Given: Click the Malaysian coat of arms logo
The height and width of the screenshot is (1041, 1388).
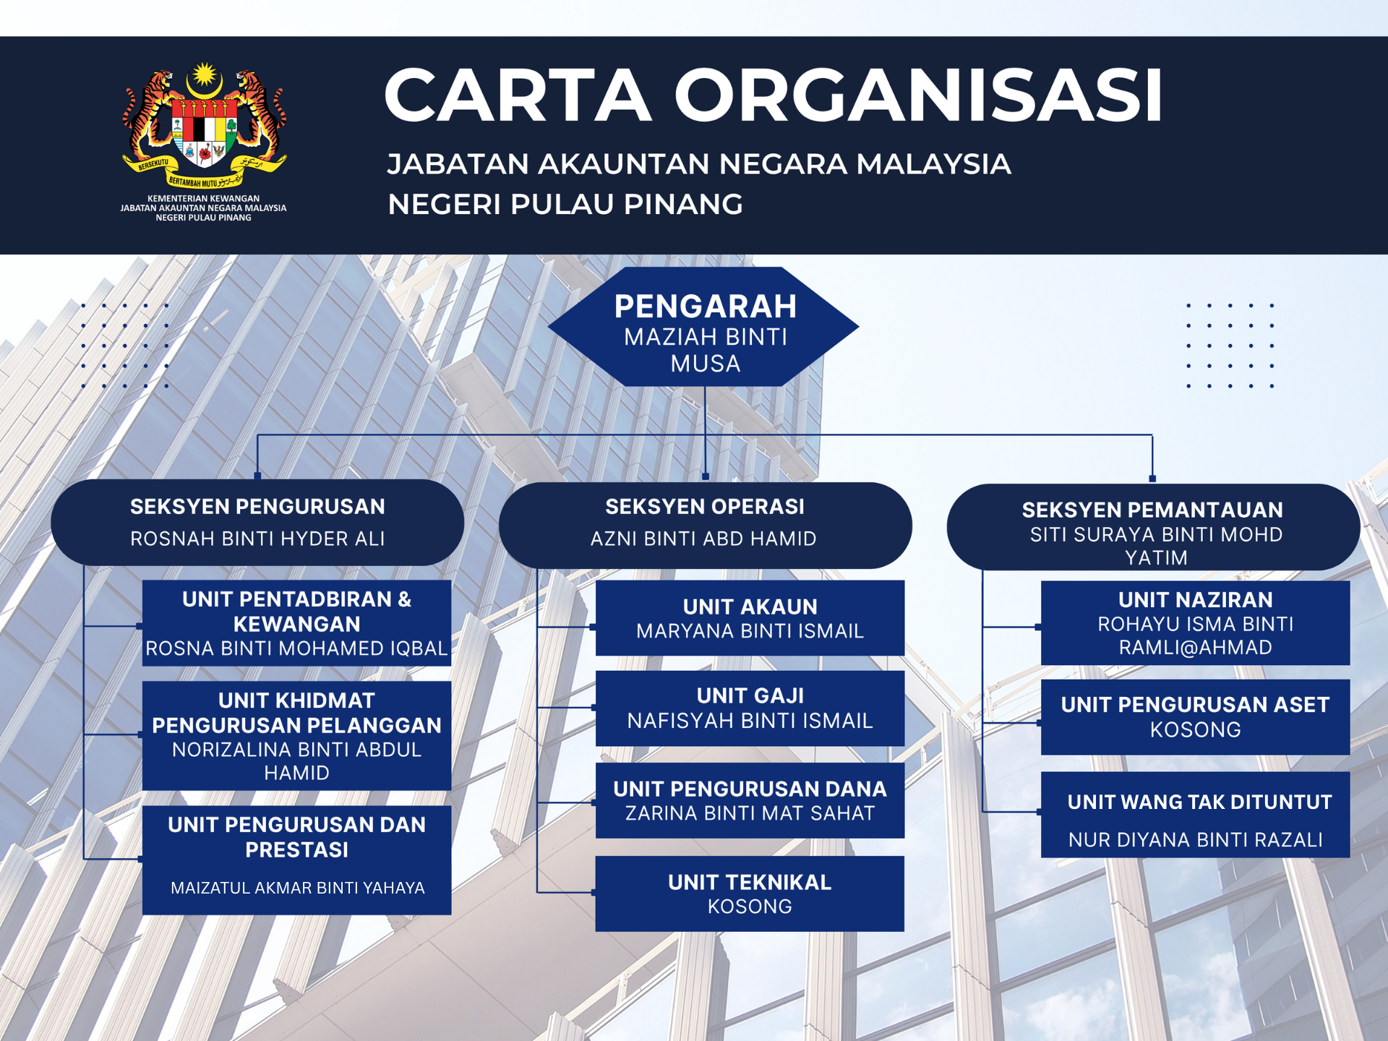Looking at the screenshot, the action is point(205,127).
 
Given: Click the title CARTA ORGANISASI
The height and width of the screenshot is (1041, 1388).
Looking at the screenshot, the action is point(774,95).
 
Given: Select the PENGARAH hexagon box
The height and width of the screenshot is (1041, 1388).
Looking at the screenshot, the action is point(704,327).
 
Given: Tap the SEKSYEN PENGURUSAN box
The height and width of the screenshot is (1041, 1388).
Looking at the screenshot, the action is point(257,522).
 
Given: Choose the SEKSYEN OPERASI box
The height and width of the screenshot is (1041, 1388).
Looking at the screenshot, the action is point(705,525).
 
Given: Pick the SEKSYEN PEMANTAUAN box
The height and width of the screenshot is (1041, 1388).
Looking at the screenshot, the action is point(1153,527).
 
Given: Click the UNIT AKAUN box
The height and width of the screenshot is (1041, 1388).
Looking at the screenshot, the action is point(750,618).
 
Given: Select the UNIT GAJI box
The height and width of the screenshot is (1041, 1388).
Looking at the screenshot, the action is point(750,708).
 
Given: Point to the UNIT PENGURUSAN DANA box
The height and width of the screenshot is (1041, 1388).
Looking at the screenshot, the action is point(750,800).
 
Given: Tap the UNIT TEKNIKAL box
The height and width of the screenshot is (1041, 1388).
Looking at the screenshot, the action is point(750,894).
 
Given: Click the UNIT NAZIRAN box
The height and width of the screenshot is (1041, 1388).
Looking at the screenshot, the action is point(1195,623).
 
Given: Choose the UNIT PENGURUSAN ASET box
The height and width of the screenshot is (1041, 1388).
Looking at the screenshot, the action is point(1195,717).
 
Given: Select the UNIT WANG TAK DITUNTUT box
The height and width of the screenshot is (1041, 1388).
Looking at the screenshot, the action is point(1195,815).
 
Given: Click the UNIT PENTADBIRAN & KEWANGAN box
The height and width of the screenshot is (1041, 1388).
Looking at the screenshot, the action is point(296,623).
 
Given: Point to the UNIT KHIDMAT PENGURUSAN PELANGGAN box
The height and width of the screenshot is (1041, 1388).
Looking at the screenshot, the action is point(296,736).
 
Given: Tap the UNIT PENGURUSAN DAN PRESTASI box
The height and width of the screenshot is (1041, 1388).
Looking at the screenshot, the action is point(296,860).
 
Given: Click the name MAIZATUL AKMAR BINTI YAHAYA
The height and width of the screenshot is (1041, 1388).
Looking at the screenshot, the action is point(297,888).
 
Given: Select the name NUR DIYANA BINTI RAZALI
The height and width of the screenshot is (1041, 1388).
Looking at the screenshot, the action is point(1196,840).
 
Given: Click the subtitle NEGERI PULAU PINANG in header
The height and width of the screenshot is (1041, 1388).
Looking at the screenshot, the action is point(565,205).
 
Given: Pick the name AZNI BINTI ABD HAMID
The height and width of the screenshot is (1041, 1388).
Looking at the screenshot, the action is point(703,539).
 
